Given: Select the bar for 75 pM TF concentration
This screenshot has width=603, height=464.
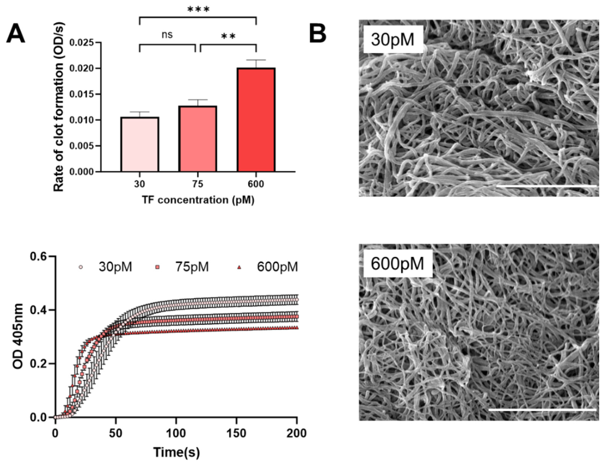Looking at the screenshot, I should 198,139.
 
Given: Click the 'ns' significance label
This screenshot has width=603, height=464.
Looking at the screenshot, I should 167,35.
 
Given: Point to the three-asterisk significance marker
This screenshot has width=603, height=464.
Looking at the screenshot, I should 198,10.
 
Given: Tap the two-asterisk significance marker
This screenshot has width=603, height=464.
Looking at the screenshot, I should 228,36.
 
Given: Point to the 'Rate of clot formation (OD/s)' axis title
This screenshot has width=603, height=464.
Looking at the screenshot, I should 58,106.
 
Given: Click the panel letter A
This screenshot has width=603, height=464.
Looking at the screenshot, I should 16,34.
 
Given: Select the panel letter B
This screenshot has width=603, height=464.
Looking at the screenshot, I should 318,34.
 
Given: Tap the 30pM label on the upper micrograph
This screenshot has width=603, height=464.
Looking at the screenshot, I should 392,39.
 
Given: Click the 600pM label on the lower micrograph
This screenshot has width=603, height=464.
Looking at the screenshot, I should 397,264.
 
